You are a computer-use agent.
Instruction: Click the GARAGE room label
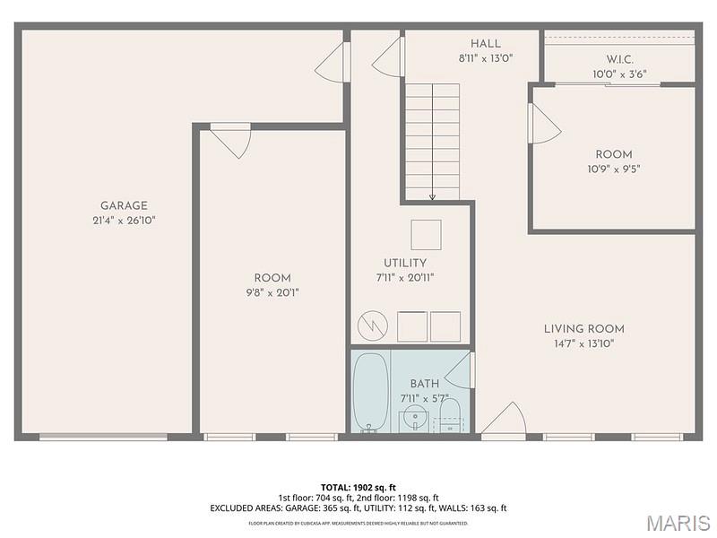[124, 205]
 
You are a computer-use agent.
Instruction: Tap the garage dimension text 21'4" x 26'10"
[124, 220]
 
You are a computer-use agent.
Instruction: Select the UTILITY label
[405, 263]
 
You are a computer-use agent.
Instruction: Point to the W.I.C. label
[620, 59]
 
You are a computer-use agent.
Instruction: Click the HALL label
[486, 43]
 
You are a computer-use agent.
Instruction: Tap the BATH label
[424, 384]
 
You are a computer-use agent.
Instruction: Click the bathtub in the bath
[371, 392]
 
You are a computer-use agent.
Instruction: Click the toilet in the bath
[449, 415]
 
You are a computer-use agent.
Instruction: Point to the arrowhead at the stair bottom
[432, 196]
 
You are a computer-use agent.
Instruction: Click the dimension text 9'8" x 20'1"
[272, 292]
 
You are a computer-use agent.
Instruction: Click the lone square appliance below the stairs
[426, 234]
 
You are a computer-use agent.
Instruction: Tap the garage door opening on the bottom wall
[103, 437]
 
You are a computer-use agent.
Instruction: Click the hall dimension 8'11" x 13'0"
[486, 57]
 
